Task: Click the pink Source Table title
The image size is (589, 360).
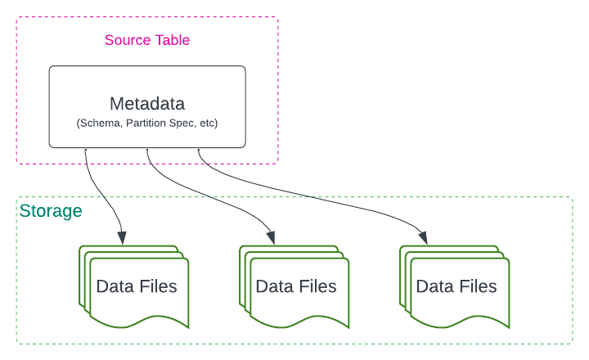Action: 147,40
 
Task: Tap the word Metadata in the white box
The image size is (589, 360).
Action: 147,104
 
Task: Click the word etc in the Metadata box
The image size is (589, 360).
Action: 208,123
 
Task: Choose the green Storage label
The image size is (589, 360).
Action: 51,211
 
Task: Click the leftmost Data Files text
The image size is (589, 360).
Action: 137,286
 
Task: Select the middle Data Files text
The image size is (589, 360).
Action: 296,286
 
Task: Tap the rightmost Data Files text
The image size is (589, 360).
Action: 456,286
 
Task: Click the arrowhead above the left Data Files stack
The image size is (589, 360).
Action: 123,239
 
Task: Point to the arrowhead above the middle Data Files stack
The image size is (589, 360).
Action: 272,239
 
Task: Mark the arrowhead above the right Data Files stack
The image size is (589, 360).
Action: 427,239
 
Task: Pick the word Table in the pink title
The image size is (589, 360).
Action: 172,40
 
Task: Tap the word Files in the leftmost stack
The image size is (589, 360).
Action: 156,286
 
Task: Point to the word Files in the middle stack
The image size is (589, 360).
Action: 317,286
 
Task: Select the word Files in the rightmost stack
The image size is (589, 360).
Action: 477,286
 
